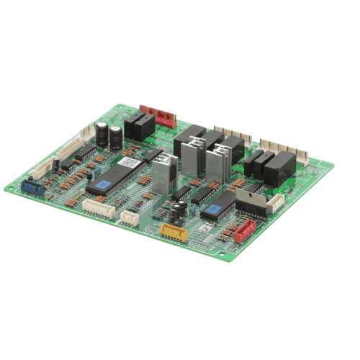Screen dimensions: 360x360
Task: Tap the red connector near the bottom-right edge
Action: pyautogui.click(x=245, y=230)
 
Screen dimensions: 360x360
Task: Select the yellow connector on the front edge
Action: pyautogui.click(x=174, y=233)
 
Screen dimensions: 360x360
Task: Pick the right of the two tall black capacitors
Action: pyautogui.click(x=116, y=137)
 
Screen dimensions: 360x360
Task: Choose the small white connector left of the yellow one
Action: pyautogui.click(x=130, y=216)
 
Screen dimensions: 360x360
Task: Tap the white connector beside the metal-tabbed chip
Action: pyautogui.click(x=275, y=204)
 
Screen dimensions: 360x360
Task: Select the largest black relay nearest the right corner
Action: pyautogui.click(x=280, y=169)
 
